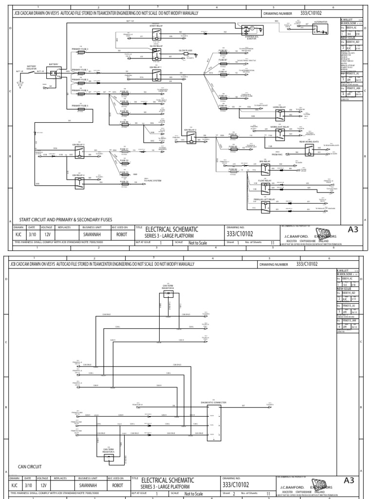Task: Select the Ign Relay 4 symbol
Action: tap(78, 182)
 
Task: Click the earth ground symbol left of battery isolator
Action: tap(20, 84)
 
